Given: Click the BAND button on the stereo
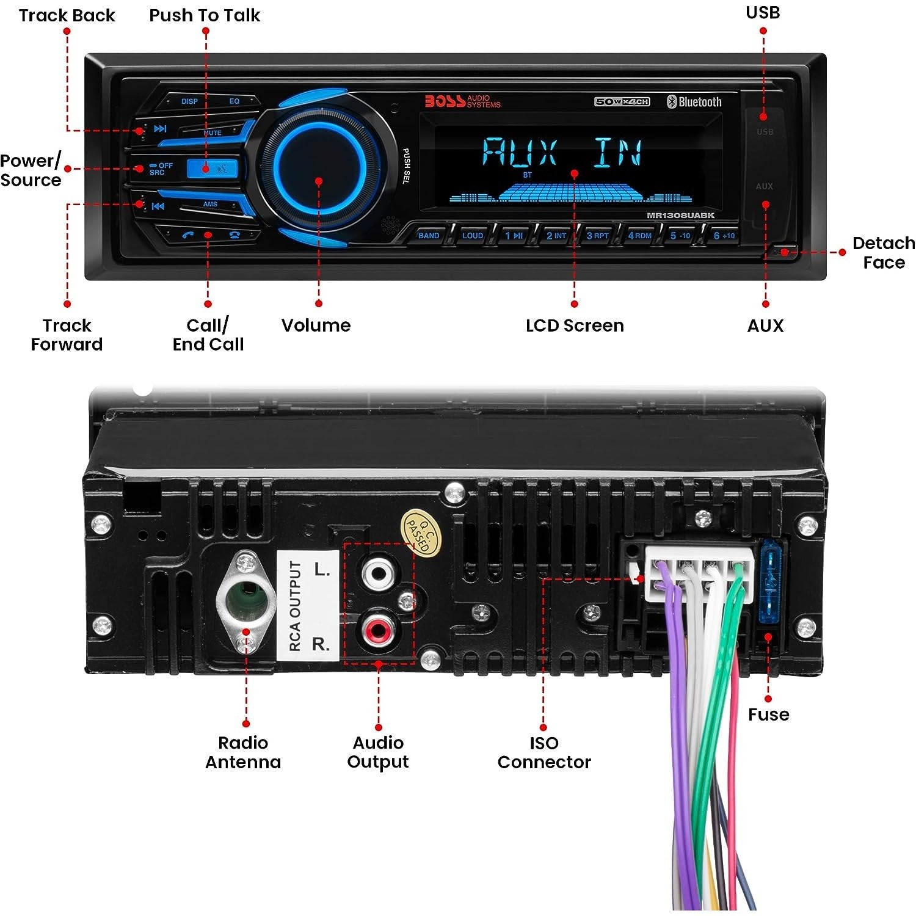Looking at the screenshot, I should [x=429, y=236].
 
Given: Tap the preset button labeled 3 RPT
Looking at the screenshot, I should [x=597, y=236].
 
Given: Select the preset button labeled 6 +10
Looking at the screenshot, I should [x=724, y=236].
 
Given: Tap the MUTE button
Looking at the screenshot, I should [x=213, y=133].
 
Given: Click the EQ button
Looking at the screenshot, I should [x=234, y=101].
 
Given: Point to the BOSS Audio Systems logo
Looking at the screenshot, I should [x=462, y=101].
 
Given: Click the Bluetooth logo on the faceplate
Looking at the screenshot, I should [x=694, y=102].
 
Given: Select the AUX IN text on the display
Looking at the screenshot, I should [x=562, y=152].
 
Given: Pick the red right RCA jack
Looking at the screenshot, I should [x=378, y=629].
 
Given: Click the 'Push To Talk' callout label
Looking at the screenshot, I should [x=205, y=15].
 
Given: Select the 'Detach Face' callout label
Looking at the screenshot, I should [x=883, y=253].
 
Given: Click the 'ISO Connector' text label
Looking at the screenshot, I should [x=543, y=752].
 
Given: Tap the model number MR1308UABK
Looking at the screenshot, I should [x=680, y=216].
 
